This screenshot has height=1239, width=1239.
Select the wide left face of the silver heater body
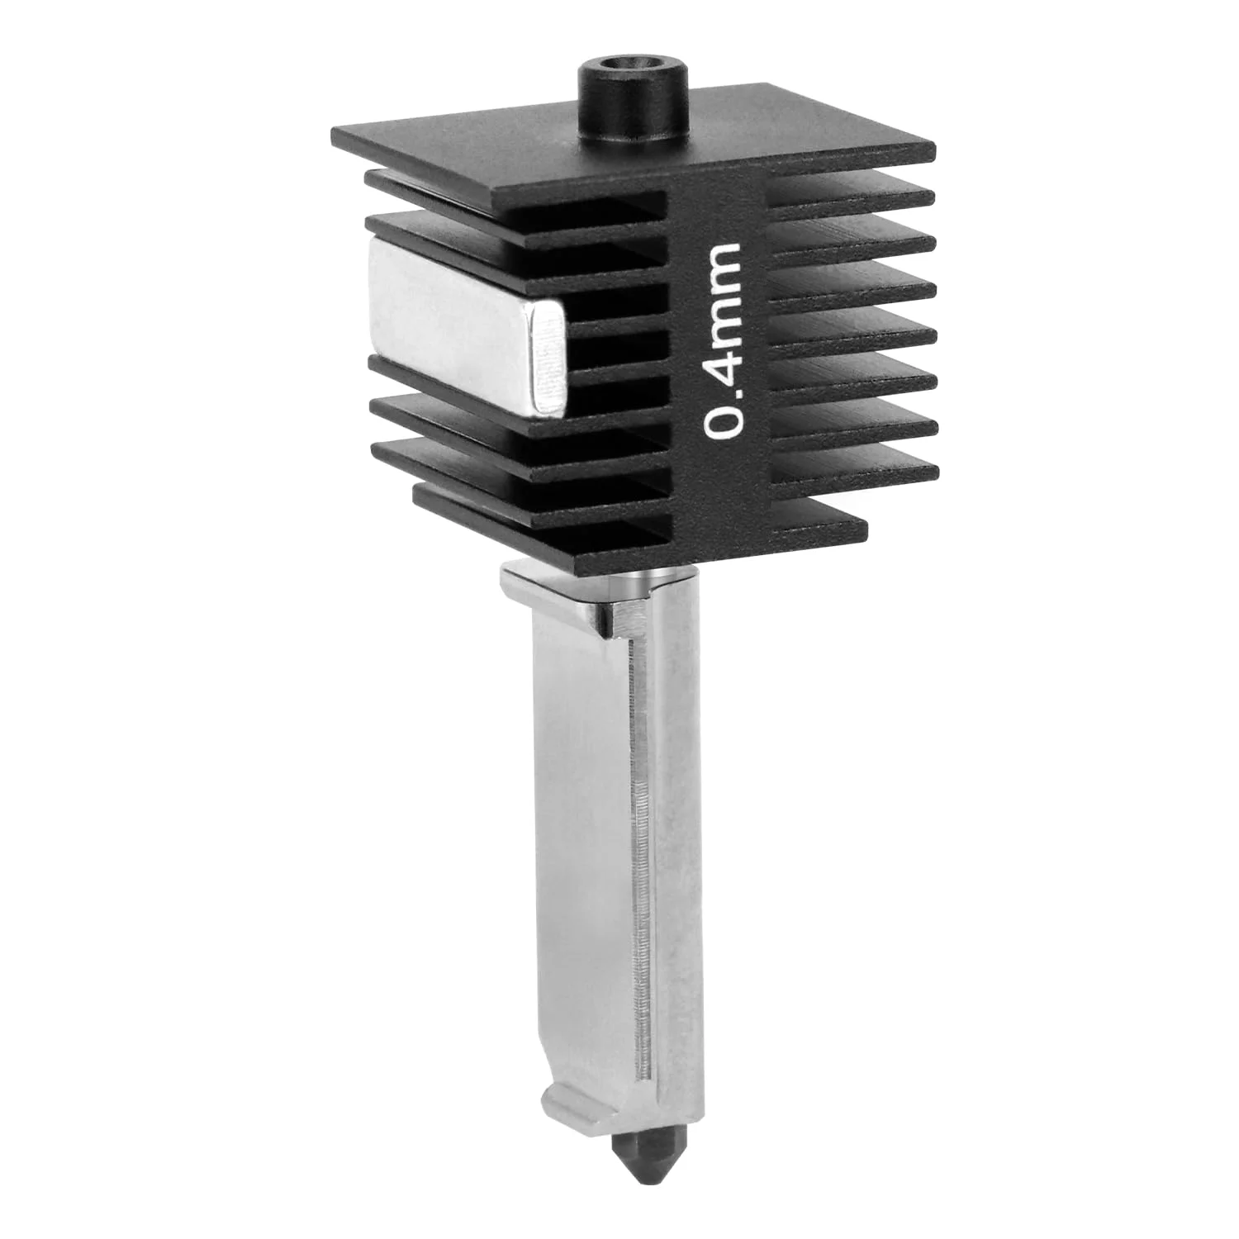coord(578,826)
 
